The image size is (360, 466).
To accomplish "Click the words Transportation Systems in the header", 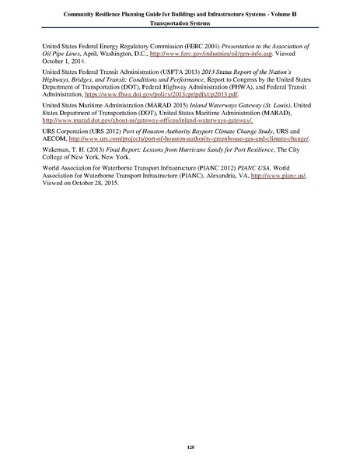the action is point(180,23).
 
